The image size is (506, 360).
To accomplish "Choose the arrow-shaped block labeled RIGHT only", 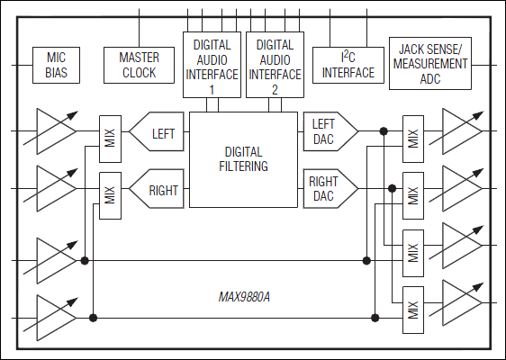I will tap(158, 190).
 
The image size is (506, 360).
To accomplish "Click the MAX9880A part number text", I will tap(244, 295).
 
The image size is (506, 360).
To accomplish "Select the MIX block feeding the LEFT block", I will tap(110, 139).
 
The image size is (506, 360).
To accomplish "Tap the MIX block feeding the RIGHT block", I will tap(110, 195).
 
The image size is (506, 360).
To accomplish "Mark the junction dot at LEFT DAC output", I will tap(384, 131).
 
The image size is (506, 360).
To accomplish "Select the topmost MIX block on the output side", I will tap(413, 138).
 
